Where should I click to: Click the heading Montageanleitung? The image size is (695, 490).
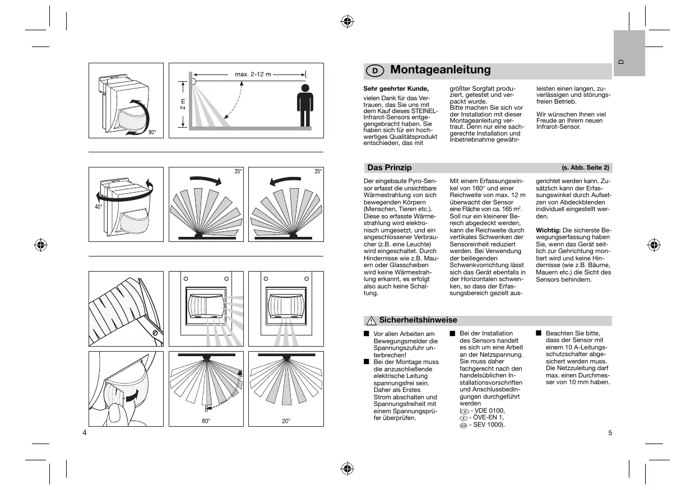pos(440,70)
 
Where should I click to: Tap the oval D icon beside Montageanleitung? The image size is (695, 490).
pos(375,71)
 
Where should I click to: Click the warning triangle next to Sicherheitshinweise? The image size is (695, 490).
pos(370,321)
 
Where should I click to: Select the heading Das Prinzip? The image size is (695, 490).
pos(389,167)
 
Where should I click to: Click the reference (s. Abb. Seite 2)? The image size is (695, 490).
pos(585,168)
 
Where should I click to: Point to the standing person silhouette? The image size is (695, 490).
pos(304,106)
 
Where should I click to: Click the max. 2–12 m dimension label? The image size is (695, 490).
pos(253,74)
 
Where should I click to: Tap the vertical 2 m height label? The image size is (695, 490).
pos(183,104)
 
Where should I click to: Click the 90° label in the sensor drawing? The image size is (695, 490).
pos(152,132)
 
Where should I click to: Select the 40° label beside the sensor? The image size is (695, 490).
pos(98,207)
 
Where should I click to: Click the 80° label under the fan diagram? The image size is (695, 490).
pos(206,421)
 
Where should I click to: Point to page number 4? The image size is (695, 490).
pos(84,432)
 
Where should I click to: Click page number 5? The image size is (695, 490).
pos(609,432)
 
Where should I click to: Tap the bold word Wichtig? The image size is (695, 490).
pos(548,230)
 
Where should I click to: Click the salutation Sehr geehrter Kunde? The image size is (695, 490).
pos(396,88)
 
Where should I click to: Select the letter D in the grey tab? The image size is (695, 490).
pos(621,61)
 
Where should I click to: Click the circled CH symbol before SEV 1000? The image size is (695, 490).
pos(463,425)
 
